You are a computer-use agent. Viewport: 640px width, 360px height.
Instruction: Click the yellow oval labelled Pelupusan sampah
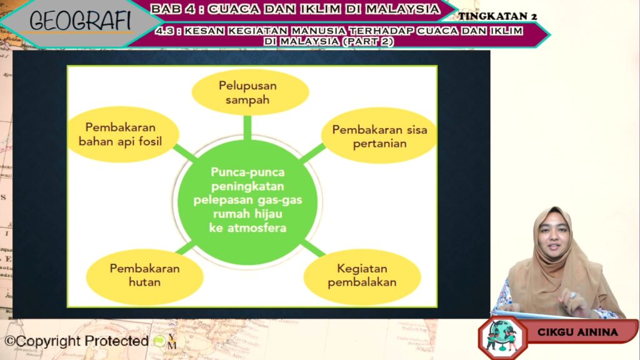point(250,92)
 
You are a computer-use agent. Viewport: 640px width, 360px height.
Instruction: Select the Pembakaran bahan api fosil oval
point(123,134)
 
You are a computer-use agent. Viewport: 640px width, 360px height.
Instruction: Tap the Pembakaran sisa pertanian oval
point(379,136)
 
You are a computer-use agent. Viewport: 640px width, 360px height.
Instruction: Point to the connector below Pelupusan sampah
point(247,127)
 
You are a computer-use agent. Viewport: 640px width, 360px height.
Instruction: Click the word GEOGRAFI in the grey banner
point(80,21)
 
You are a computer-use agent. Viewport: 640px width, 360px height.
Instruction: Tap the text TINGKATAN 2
point(497,16)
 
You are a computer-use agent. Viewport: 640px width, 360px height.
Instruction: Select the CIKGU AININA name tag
point(577,332)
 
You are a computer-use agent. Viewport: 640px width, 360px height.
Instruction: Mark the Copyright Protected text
point(76,341)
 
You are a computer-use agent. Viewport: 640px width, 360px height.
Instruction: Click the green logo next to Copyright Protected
point(159,341)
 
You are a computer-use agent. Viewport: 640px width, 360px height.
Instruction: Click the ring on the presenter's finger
point(573,295)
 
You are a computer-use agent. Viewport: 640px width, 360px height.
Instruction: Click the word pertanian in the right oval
point(379,144)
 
